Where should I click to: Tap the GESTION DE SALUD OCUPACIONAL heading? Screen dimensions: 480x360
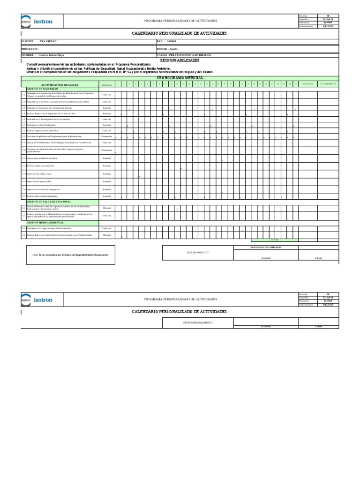coord(49,202)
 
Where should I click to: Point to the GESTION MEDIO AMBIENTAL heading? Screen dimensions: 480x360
coord(45,223)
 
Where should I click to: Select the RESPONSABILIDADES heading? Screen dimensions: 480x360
coord(180,60)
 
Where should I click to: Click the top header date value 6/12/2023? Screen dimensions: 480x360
coord(328,26)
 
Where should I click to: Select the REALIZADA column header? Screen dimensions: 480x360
coord(308,84)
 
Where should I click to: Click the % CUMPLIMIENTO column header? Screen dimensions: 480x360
coord(328,84)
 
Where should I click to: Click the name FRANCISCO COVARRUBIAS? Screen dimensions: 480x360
coord(266,247)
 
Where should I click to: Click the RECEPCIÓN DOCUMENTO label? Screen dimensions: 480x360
coord(197,322)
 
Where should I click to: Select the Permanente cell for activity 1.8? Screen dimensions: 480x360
coord(107,136)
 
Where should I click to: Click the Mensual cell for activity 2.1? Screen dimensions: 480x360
coord(107,208)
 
